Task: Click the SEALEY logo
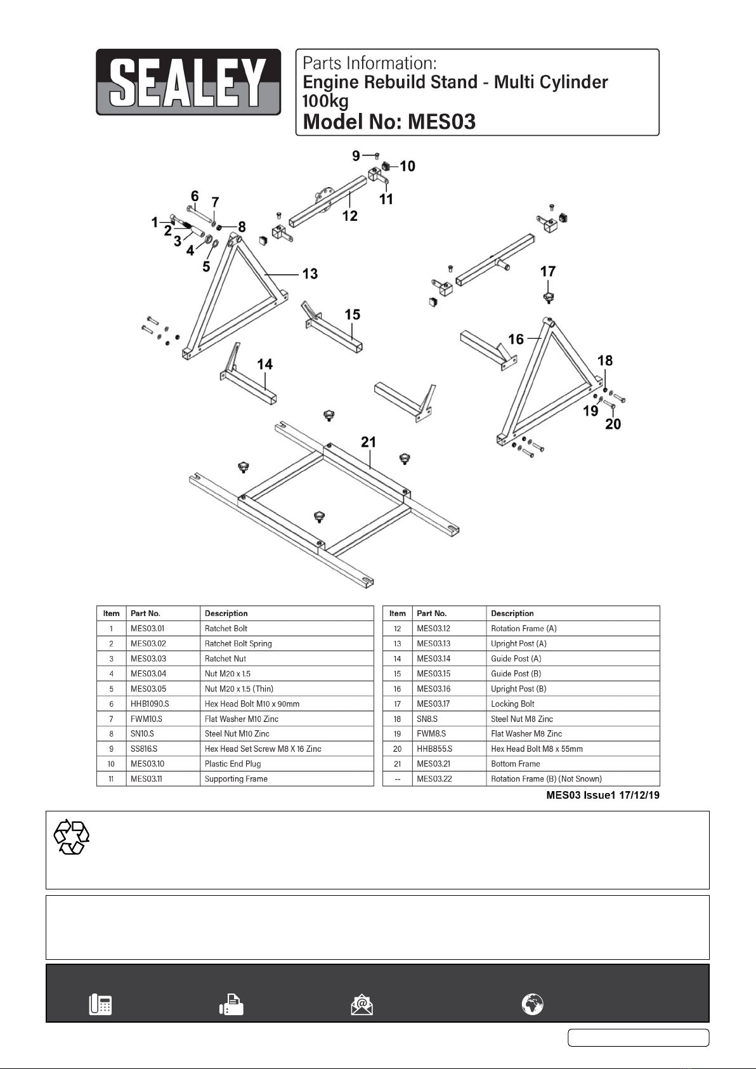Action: pyautogui.click(x=188, y=82)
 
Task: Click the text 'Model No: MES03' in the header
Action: pyautogui.click(x=389, y=121)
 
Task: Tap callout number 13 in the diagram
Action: pyautogui.click(x=310, y=274)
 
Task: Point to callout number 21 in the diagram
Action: pyautogui.click(x=368, y=442)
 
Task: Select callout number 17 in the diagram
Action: pyautogui.click(x=548, y=272)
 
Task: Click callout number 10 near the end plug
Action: pyautogui.click(x=407, y=166)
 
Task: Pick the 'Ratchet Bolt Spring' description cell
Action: pyautogui.click(x=238, y=643)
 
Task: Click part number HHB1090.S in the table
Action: pyautogui.click(x=150, y=704)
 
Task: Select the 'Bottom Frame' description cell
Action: pyautogui.click(x=516, y=764)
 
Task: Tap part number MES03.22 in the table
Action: pyautogui.click(x=434, y=779)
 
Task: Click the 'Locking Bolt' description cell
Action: pyautogui.click(x=512, y=704)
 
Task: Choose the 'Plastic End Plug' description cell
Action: pyautogui.click(x=233, y=764)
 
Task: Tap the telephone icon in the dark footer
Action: pyautogui.click(x=100, y=1004)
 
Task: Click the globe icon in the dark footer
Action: pyautogui.click(x=533, y=1004)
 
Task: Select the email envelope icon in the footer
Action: pyautogui.click(x=362, y=1004)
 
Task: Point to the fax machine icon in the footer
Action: pyautogui.click(x=231, y=1004)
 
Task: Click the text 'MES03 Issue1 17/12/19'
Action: pyautogui.click(x=603, y=795)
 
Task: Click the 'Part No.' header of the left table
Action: pyautogui.click(x=145, y=613)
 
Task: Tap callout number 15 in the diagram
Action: pyautogui.click(x=352, y=315)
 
